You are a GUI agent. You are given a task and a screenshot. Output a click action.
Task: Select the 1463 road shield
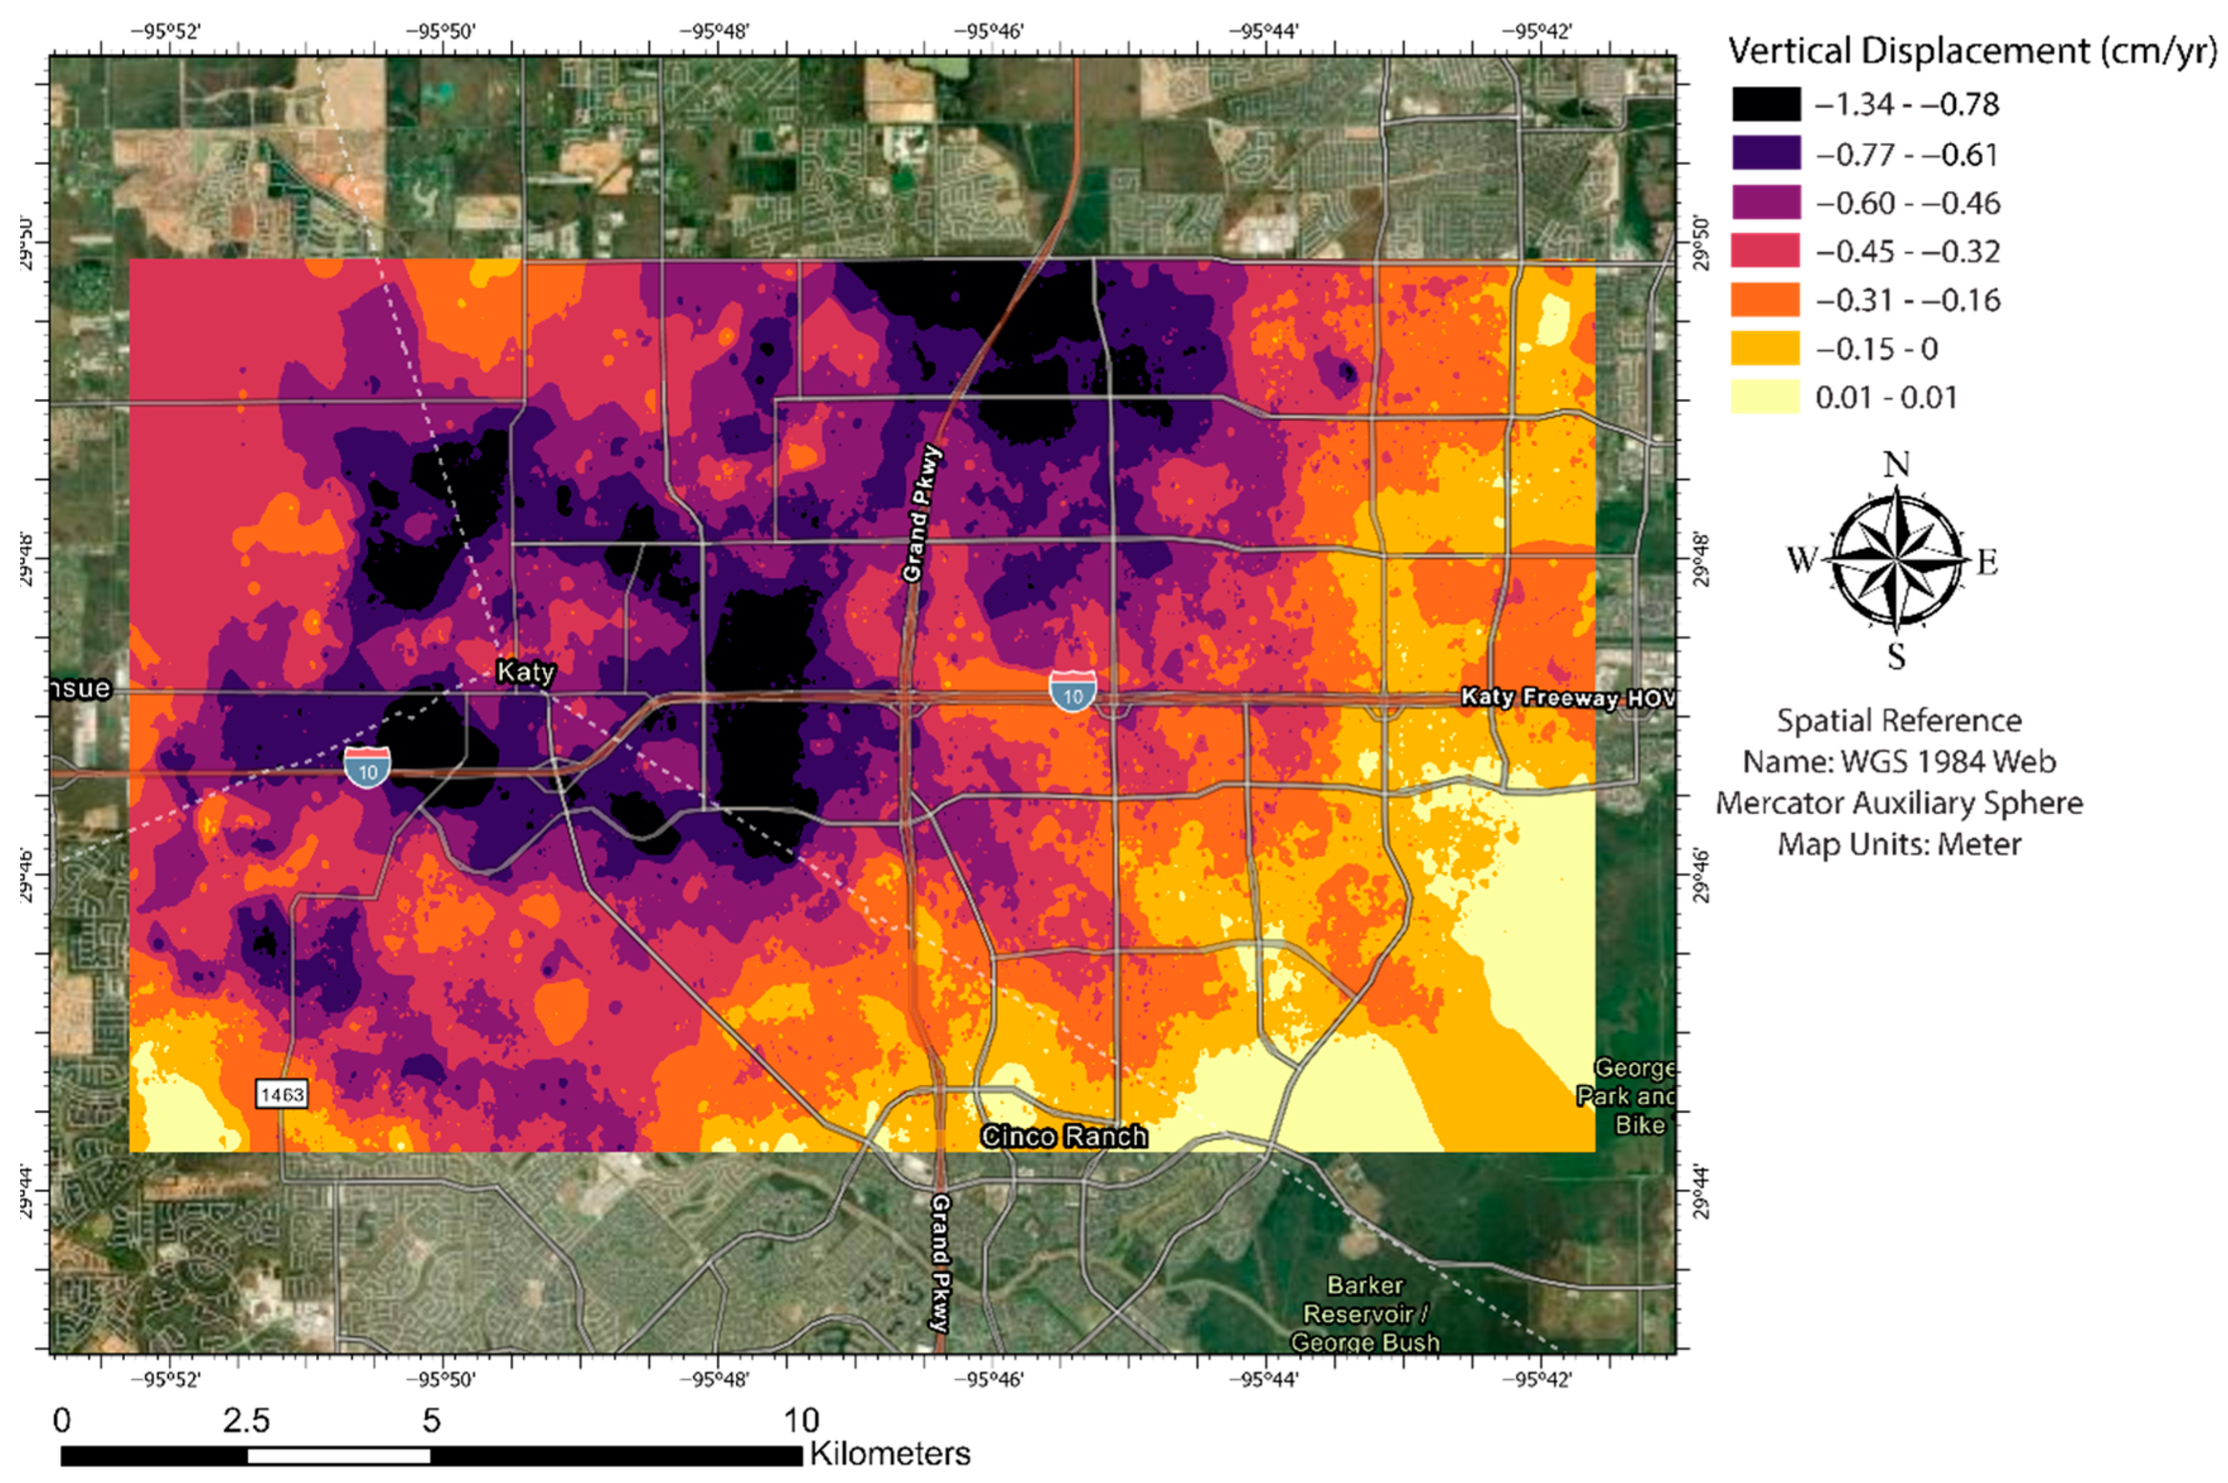[282, 1094]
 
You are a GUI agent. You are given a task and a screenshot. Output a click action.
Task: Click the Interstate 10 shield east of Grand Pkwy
[1072, 692]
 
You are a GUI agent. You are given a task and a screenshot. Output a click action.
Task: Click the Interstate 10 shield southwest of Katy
[367, 767]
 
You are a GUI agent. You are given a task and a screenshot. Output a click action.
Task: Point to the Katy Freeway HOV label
[1565, 698]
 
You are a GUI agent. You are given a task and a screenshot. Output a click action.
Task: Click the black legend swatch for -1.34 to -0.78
[1764, 104]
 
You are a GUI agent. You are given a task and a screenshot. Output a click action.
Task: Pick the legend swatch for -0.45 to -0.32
[1764, 251]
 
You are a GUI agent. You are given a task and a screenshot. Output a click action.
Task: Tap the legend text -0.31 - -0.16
[1907, 301]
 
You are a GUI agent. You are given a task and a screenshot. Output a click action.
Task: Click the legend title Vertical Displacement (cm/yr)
[1971, 51]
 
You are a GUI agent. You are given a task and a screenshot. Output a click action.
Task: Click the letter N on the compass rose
[1896, 464]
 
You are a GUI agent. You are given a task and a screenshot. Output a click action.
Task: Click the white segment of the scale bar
[338, 1456]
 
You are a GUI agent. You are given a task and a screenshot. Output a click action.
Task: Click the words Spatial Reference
[1898, 721]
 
